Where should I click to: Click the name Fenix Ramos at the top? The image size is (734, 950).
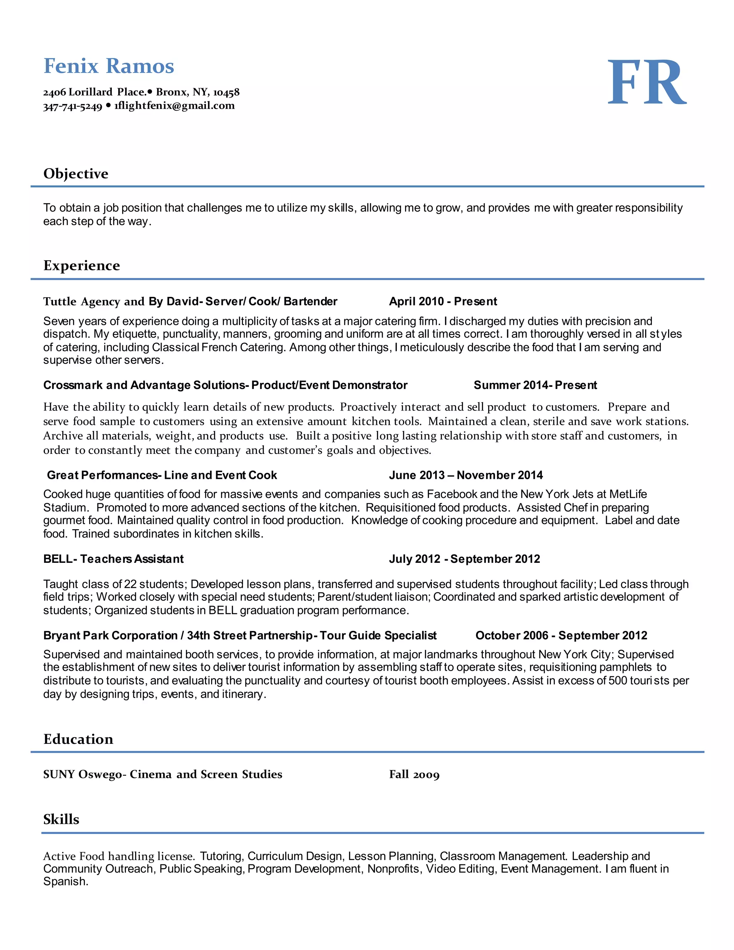[x=109, y=66]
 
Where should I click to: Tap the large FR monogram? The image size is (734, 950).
[x=646, y=83]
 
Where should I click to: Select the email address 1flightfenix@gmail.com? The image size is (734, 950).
[x=175, y=106]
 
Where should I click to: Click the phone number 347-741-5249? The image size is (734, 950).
[x=73, y=106]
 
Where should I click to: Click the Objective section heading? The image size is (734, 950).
[x=76, y=174]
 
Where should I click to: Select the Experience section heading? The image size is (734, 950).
[x=81, y=265]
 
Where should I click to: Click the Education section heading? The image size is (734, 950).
[x=78, y=739]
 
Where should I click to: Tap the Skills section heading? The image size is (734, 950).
[x=61, y=820]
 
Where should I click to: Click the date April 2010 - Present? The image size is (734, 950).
[x=443, y=301]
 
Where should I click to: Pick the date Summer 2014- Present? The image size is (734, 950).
[x=535, y=385]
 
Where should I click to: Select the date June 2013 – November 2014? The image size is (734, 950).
[x=466, y=475]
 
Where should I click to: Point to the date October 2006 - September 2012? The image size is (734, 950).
[x=561, y=636]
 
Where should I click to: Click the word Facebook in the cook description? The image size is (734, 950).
[x=452, y=494]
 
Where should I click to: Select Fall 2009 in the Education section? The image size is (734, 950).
[x=414, y=775]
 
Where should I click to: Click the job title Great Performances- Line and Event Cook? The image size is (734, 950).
[x=162, y=475]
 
